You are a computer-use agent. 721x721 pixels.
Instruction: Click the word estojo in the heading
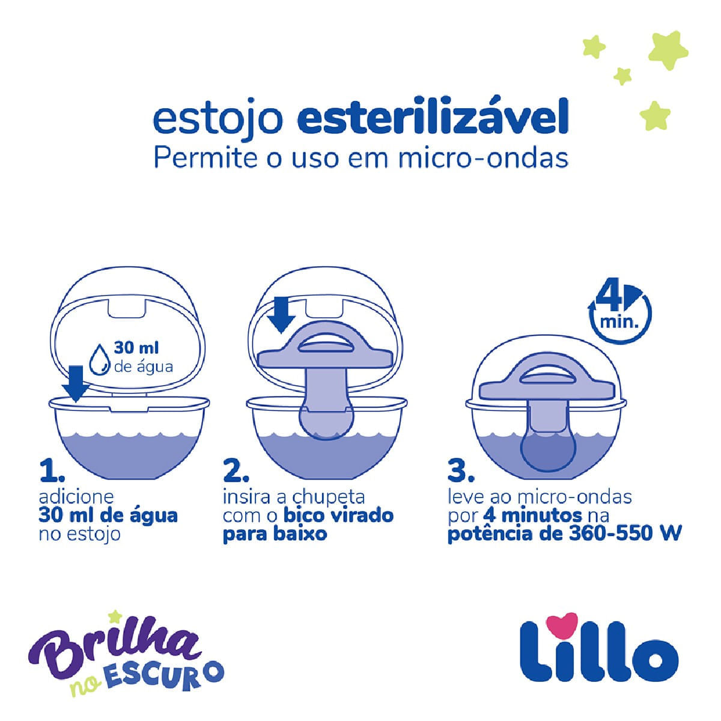click(x=218, y=119)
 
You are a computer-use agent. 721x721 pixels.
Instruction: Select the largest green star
click(x=668, y=50)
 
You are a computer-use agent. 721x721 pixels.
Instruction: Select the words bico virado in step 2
click(x=339, y=516)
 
